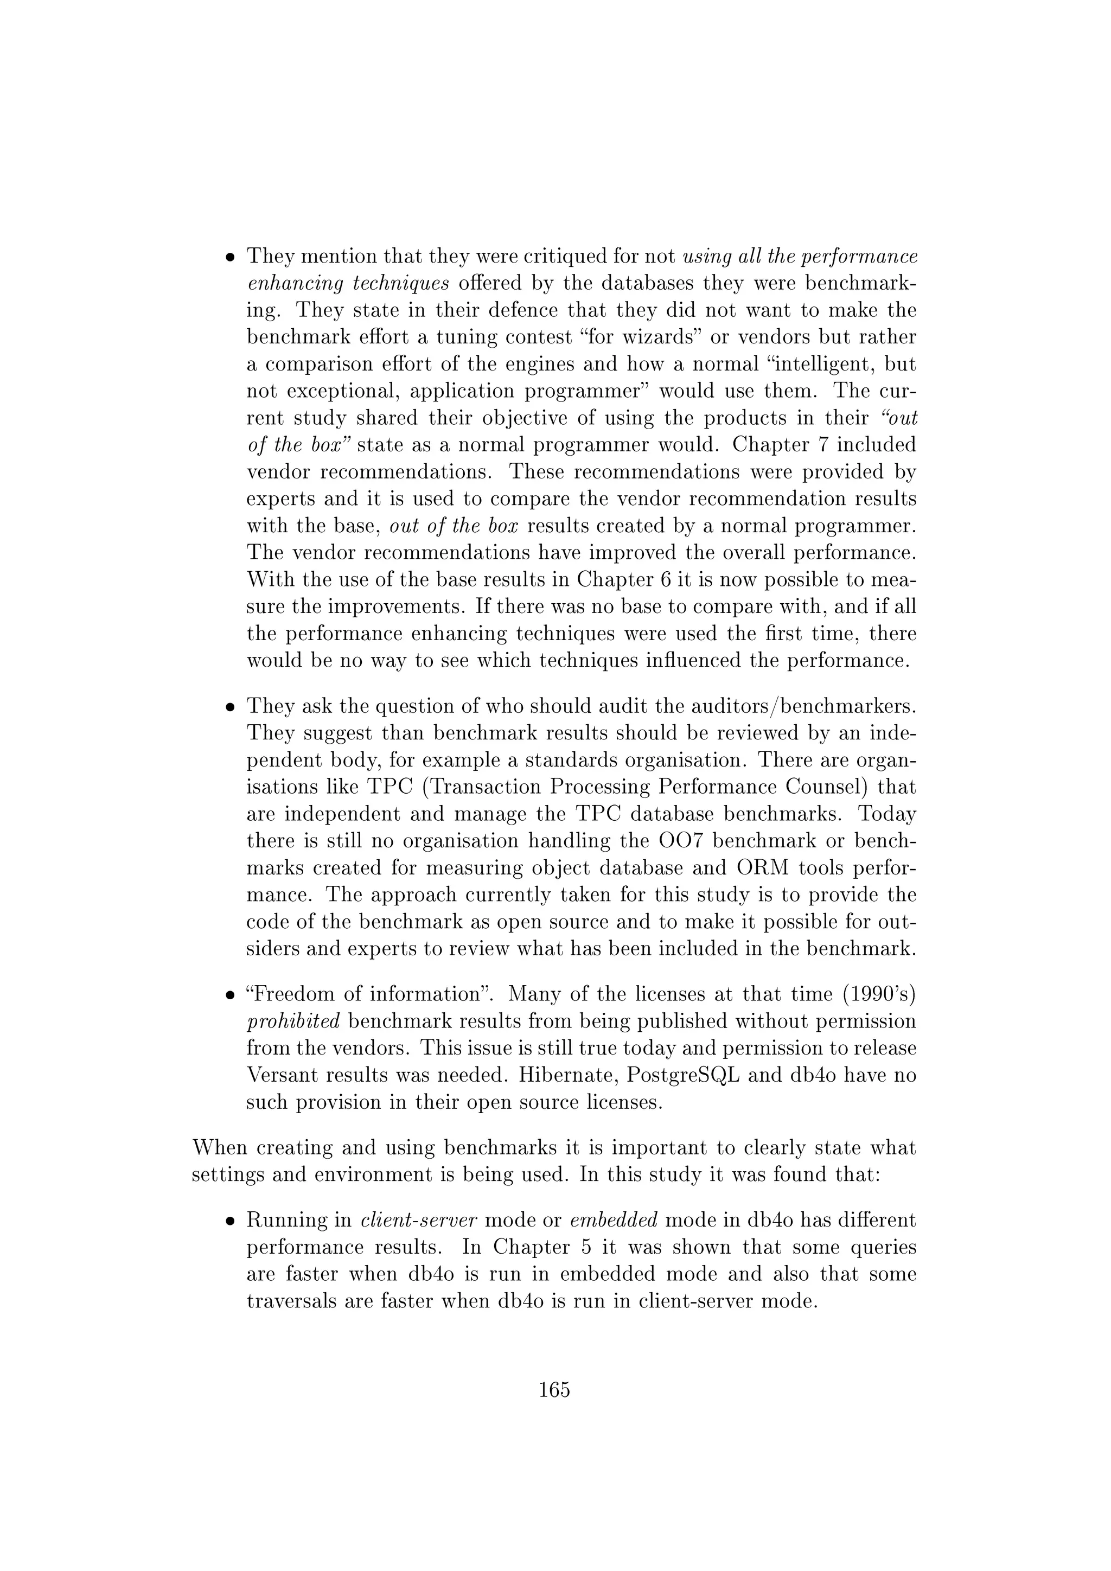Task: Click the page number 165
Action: tap(554, 1390)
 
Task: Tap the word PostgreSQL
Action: tap(684, 1076)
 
